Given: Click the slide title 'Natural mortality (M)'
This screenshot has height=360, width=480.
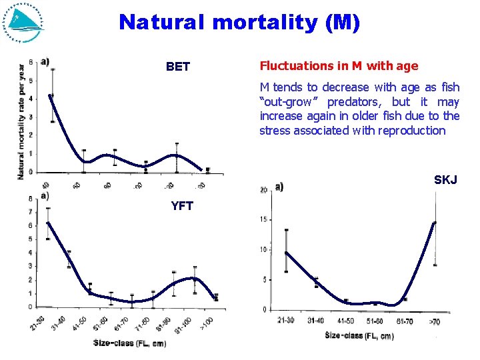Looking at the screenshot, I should (x=239, y=23).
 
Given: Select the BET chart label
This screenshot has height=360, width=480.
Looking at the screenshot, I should (x=178, y=67).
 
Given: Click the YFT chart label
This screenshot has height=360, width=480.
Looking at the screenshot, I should (x=182, y=206).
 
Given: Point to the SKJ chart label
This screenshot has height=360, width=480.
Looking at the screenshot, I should (x=445, y=180).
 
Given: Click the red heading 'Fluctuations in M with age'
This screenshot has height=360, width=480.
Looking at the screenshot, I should (x=339, y=66).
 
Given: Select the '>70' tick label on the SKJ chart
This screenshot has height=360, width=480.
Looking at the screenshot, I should (x=434, y=321).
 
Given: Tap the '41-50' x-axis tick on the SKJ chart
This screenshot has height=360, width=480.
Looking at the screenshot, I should (x=345, y=321).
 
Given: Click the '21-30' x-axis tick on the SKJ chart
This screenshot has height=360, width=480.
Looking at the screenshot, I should (x=285, y=321).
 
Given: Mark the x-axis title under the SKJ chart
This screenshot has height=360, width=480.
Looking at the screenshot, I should (x=359, y=336).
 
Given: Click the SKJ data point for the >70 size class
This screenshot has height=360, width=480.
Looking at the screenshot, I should (x=435, y=223).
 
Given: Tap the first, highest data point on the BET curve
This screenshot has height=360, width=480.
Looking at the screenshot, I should (x=51, y=95).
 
